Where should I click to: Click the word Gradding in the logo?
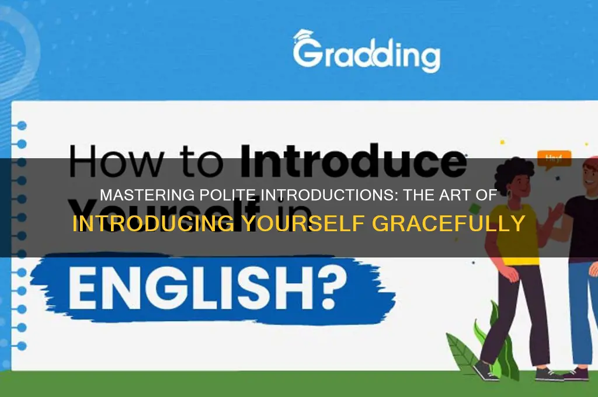click(x=367, y=55)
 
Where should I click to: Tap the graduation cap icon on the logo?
click(x=304, y=36)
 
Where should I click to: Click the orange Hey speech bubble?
click(x=550, y=158)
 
